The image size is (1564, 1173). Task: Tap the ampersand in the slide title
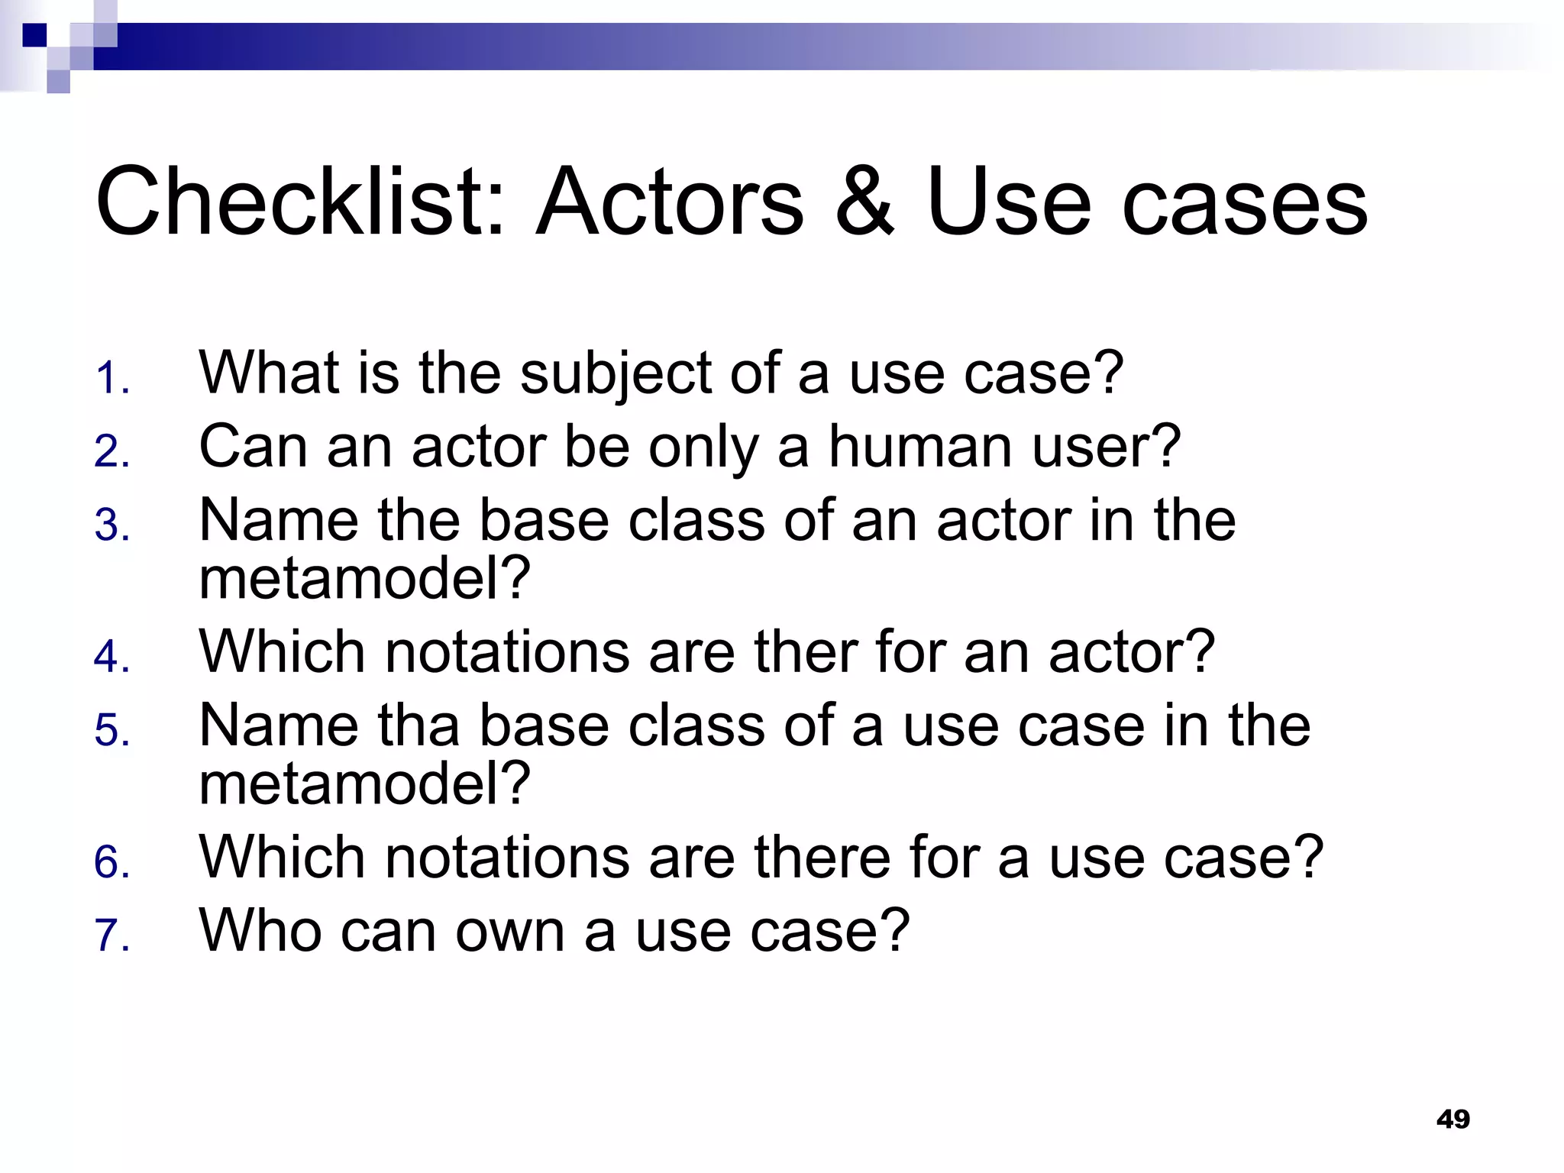point(864,203)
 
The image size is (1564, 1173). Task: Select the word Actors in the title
point(671,203)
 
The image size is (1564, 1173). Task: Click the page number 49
point(1453,1119)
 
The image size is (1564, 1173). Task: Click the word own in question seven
point(510,931)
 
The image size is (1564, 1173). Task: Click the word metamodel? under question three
point(364,578)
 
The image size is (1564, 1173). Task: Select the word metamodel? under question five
point(364,784)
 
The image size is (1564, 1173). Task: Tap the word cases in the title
point(1245,203)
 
